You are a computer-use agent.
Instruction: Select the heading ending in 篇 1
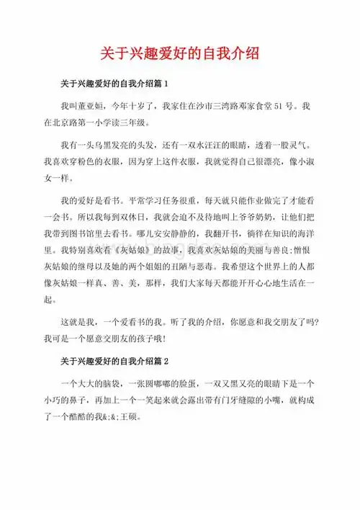click(114, 84)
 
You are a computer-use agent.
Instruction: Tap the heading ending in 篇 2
click(114, 359)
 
